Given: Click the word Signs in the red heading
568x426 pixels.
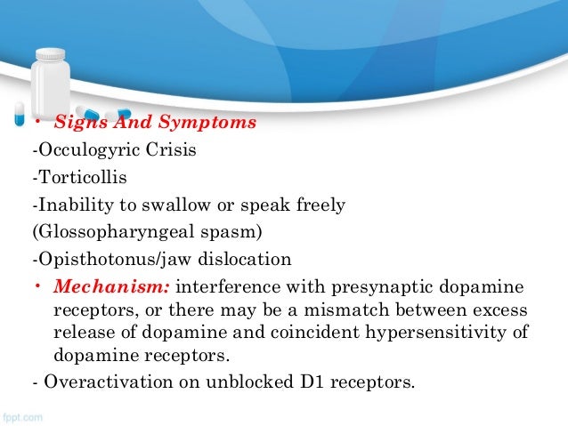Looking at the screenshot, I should (x=75, y=122).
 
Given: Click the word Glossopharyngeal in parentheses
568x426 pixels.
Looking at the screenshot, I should (x=110, y=233).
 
